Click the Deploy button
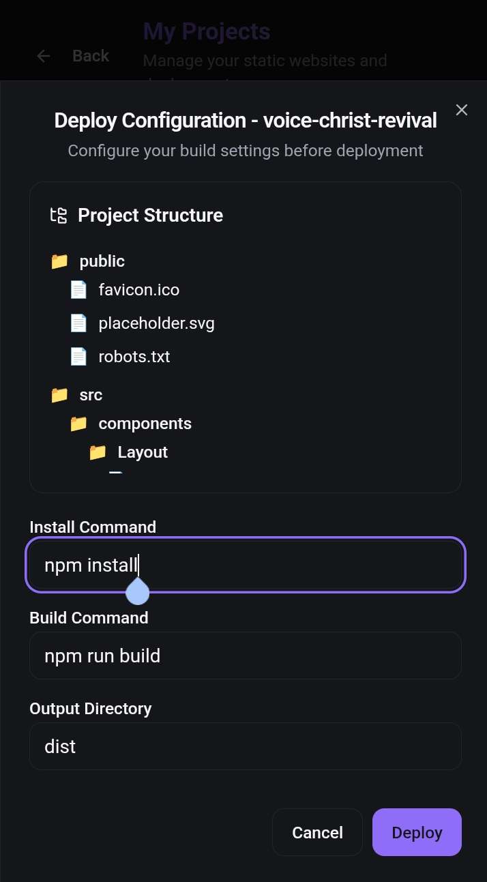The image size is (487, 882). coord(417,832)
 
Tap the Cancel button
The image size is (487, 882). coord(317,832)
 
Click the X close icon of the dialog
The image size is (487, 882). coord(462,110)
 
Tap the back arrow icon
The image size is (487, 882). coord(44,56)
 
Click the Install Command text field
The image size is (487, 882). coord(246,565)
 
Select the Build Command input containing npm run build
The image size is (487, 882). coord(246,656)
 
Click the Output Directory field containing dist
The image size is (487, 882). coord(246,746)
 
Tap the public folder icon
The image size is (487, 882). coord(59,261)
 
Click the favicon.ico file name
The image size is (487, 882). coord(138,290)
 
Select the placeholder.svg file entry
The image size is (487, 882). coord(156,323)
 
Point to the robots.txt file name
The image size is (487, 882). coord(134,356)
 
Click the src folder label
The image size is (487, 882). coord(91,395)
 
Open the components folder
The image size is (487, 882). coord(145,424)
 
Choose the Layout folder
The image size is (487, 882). coord(142,452)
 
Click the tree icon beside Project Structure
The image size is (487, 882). coord(59,216)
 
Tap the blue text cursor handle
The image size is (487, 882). coord(138,592)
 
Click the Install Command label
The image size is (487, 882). coord(93,527)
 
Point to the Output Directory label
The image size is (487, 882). coord(90,708)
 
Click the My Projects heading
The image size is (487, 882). coord(206,31)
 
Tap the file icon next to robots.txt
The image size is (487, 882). coord(78,356)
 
